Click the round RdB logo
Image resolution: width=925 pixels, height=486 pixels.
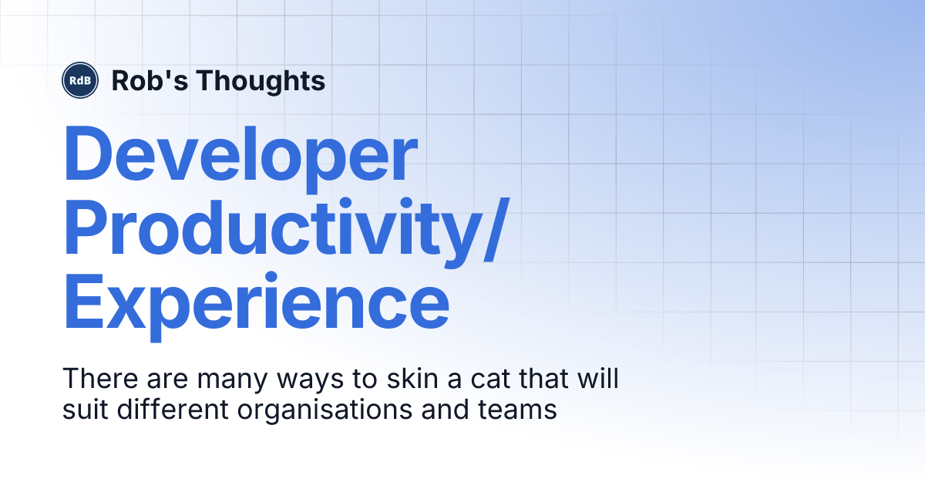81,80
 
